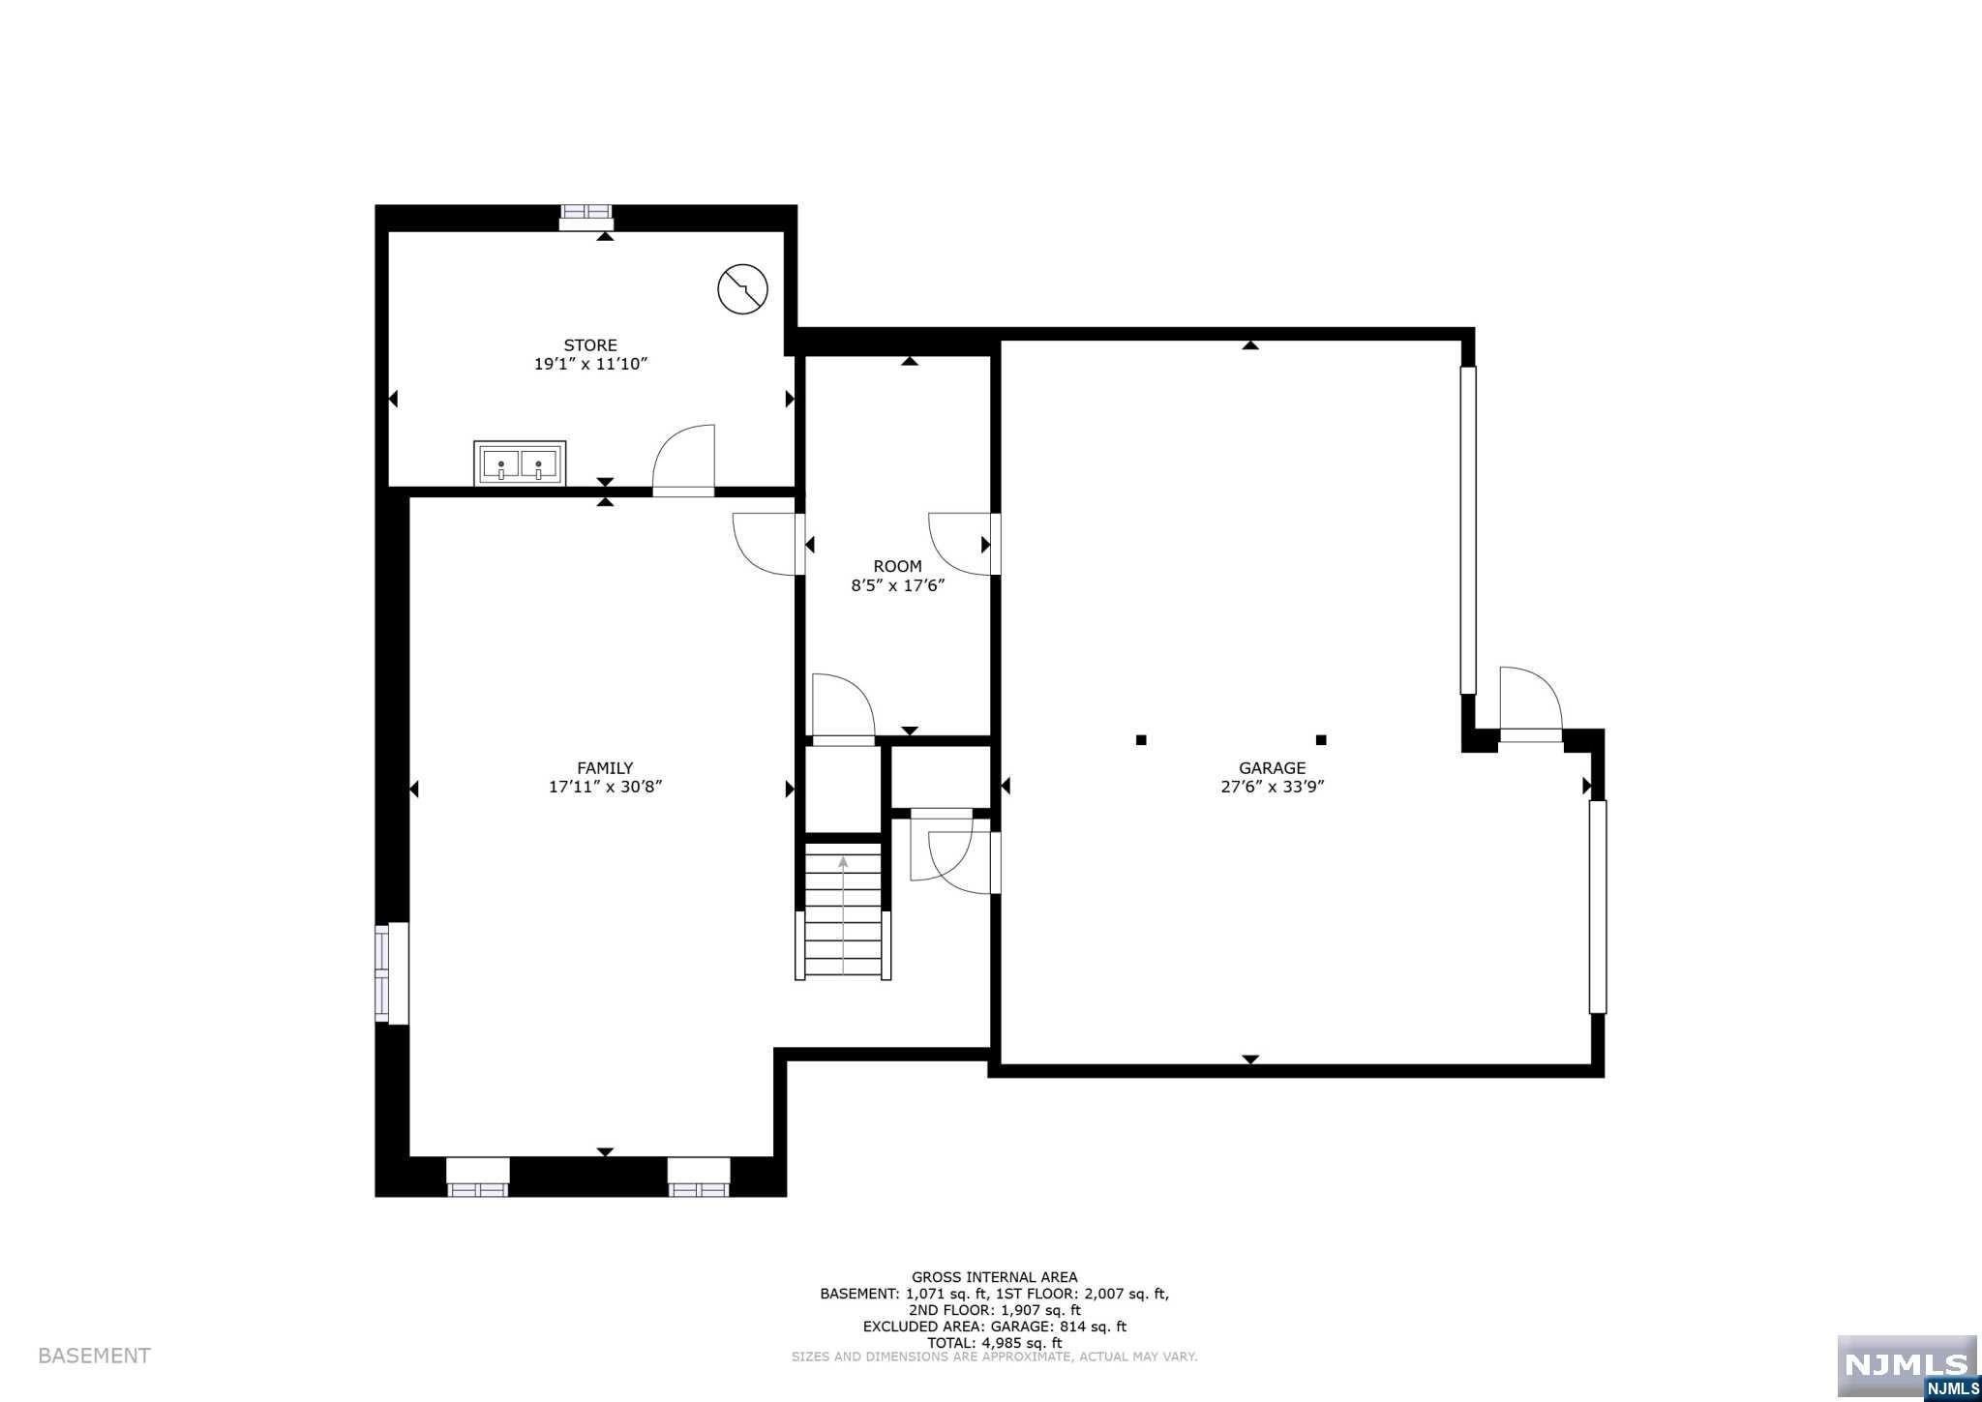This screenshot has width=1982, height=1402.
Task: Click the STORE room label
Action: coord(590,345)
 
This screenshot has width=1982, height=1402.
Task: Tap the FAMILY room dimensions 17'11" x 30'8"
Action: coord(605,787)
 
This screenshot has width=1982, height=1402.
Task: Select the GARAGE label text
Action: coord(1272,768)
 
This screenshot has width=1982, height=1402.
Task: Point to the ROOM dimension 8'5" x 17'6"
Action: coord(897,585)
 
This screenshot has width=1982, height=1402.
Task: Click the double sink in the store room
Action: coord(520,463)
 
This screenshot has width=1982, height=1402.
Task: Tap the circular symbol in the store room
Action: coord(742,288)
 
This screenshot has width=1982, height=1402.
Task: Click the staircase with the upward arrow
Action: coord(843,910)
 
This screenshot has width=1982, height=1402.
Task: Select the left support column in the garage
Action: coord(1141,740)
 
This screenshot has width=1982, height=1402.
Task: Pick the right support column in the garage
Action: coord(1320,740)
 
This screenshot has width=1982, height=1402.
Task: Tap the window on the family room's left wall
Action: coord(391,972)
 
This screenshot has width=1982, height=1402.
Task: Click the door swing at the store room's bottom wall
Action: coord(684,462)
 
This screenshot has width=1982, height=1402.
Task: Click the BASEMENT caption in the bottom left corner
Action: coord(94,1356)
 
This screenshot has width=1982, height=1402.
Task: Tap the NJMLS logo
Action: coord(1907,1366)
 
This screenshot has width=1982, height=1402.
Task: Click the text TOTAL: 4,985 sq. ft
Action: coord(994,1343)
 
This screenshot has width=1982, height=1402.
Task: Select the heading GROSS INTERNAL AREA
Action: coord(994,1277)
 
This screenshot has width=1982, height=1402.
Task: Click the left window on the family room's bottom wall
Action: coord(477,1177)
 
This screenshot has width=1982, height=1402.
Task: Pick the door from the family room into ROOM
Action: coord(769,545)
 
